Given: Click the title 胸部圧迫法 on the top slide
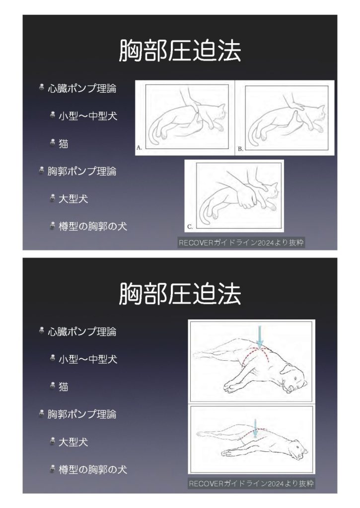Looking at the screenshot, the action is click(180, 51).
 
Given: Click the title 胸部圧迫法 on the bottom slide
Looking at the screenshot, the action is click(180, 294).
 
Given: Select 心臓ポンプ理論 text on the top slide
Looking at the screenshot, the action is click(82, 88).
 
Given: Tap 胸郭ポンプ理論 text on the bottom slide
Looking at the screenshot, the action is click(82, 414).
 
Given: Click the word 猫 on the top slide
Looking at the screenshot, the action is click(64, 143).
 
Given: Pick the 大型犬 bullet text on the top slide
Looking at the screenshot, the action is click(73, 198).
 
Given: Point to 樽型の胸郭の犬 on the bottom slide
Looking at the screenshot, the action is click(93, 469).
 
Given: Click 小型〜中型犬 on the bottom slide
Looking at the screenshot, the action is click(88, 359).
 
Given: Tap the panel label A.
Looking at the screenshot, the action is click(139, 147).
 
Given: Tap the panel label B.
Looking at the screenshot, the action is click(240, 149).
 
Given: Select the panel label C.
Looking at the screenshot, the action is click(190, 227).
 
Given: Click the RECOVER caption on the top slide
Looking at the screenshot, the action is click(241, 243).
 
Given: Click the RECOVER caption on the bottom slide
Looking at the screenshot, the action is click(251, 484).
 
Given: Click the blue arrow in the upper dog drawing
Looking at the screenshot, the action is click(260, 337).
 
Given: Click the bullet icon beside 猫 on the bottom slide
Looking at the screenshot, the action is click(53, 385).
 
